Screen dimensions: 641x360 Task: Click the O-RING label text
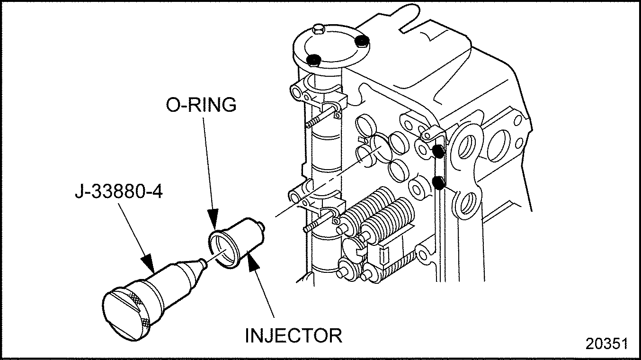[x=201, y=105]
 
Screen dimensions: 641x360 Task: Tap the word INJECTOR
[x=294, y=335]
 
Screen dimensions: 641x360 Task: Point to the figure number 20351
[x=606, y=344]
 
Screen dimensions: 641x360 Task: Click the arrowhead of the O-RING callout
[x=213, y=219]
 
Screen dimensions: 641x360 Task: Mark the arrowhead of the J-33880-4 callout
[x=149, y=264]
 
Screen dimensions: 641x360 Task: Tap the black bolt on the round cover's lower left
[x=313, y=60]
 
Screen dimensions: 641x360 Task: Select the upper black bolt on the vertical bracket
[x=438, y=151]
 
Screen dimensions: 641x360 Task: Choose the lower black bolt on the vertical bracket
[x=438, y=182]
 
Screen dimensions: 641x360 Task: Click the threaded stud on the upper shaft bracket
[x=320, y=117]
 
